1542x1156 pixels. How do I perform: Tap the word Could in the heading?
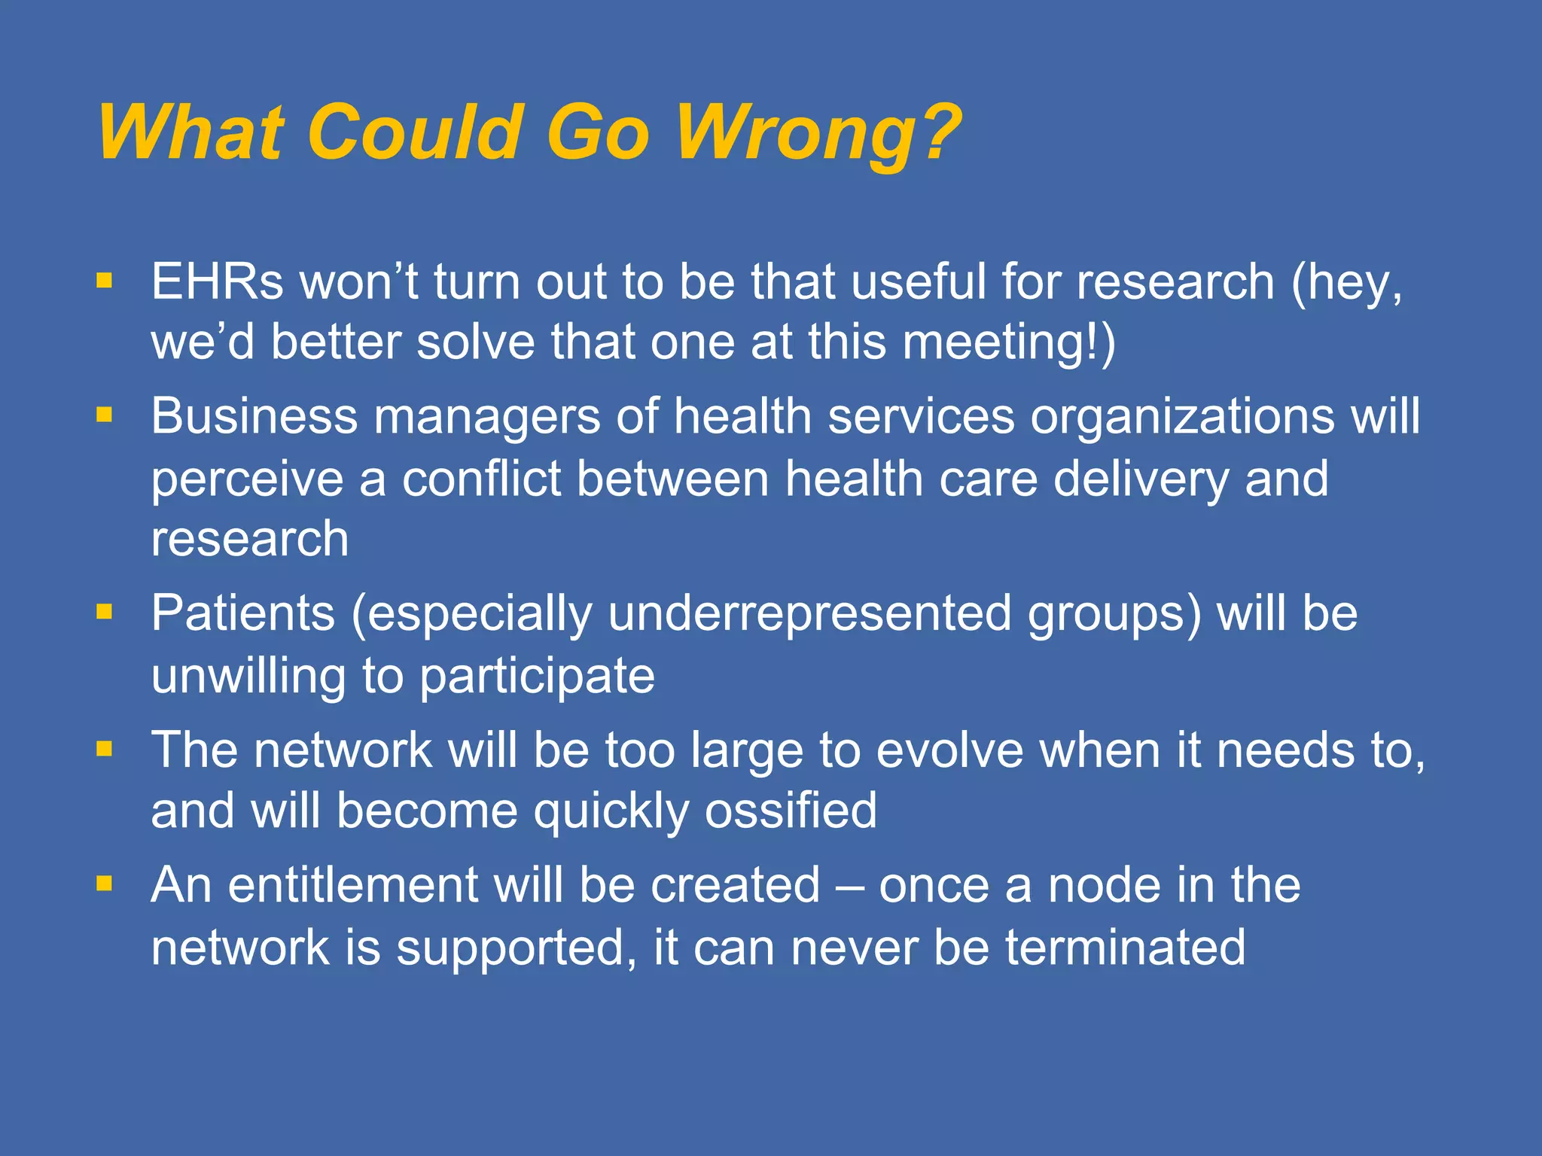(x=415, y=133)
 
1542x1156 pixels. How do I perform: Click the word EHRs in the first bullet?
(x=218, y=282)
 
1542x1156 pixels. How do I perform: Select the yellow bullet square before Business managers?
(x=104, y=415)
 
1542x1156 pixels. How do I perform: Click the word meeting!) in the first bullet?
(x=1009, y=342)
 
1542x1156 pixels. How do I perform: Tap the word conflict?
(x=481, y=479)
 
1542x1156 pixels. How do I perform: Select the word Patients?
(x=243, y=613)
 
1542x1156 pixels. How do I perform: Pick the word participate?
(x=537, y=676)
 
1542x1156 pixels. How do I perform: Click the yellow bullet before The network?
(x=104, y=749)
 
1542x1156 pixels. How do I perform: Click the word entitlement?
(x=353, y=885)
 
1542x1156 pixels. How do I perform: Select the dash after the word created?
(x=849, y=887)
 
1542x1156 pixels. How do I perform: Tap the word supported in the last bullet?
(x=511, y=948)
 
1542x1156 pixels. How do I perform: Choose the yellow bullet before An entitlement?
(x=104, y=884)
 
